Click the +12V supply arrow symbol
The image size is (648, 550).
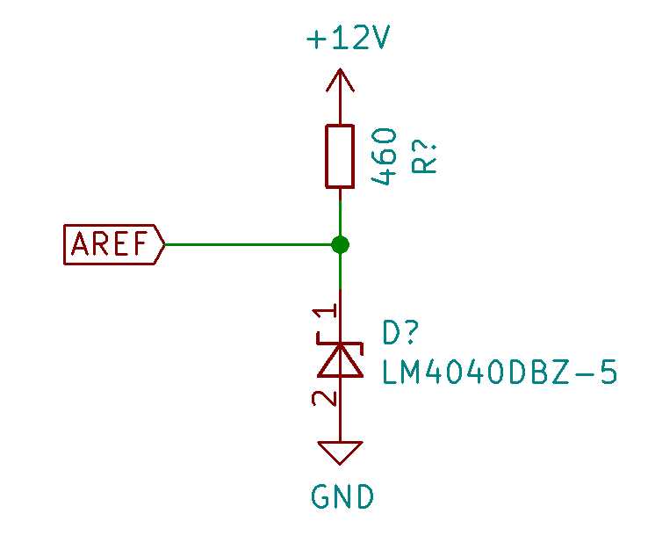(340, 82)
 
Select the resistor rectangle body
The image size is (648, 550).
(340, 156)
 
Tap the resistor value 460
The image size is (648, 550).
(385, 156)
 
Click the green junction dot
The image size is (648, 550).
(341, 244)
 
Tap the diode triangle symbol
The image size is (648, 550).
(341, 359)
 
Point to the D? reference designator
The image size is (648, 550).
(402, 334)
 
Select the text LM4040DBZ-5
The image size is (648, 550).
(500, 373)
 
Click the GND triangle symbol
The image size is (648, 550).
(341, 452)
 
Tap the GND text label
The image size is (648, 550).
(342, 497)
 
